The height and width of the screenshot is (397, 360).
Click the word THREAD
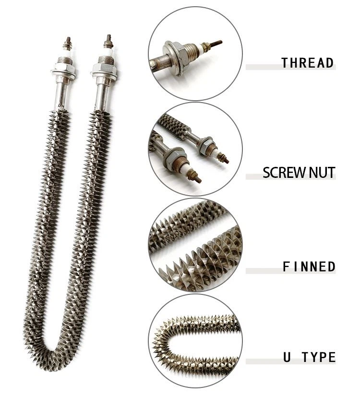click(x=307, y=63)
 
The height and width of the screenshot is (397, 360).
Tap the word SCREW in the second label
click(x=281, y=173)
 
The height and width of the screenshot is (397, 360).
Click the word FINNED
click(x=309, y=267)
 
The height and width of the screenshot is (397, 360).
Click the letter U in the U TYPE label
click(x=286, y=357)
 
